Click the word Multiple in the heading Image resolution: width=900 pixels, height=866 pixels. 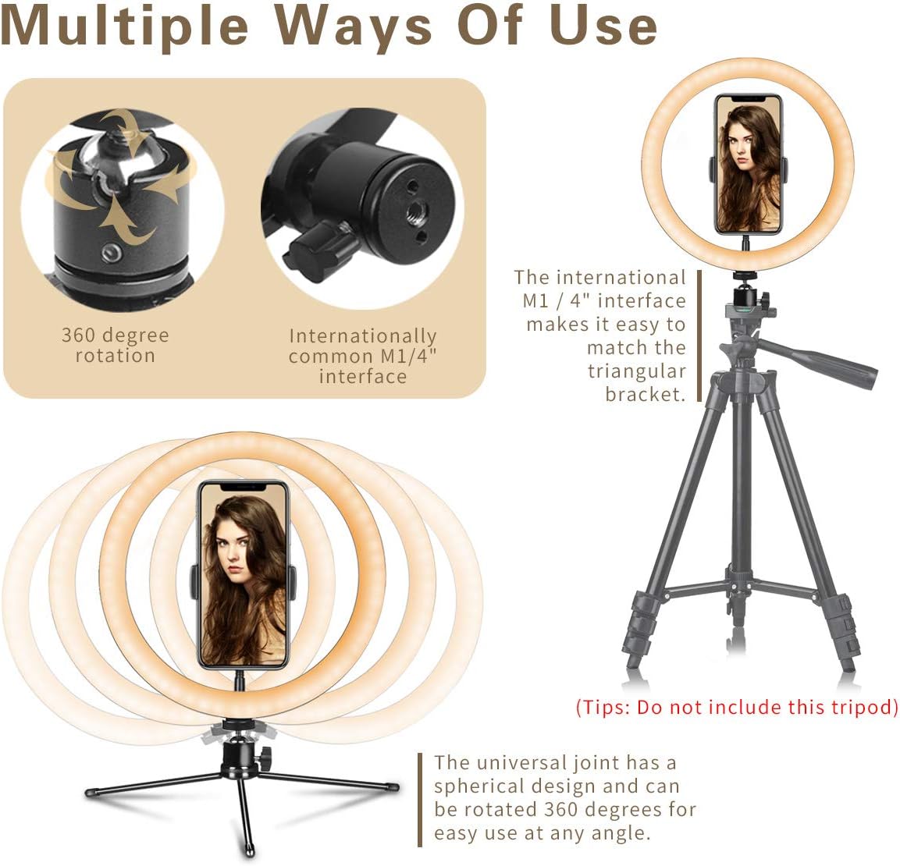(125, 26)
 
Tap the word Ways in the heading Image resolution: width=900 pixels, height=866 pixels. (353, 26)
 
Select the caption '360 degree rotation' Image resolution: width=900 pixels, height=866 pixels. (116, 345)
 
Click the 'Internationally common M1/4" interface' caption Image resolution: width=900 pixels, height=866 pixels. (363, 356)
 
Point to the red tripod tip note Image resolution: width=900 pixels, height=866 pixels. (737, 707)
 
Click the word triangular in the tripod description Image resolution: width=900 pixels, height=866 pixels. (636, 371)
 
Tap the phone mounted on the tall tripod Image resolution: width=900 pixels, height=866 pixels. (749, 164)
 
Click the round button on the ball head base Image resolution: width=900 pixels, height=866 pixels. (110, 253)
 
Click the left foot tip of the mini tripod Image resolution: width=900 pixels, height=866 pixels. (90, 793)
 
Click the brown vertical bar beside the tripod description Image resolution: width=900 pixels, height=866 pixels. (699, 335)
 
